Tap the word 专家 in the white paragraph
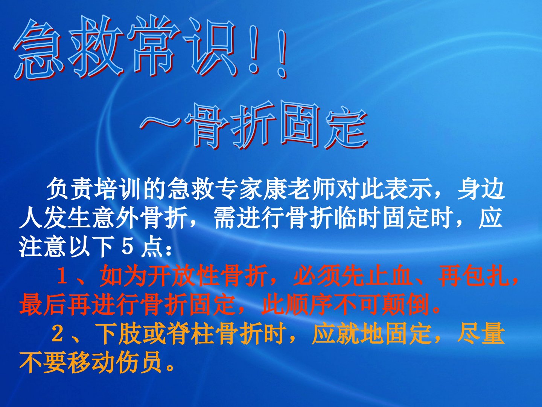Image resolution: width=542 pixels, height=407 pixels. click(239, 191)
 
